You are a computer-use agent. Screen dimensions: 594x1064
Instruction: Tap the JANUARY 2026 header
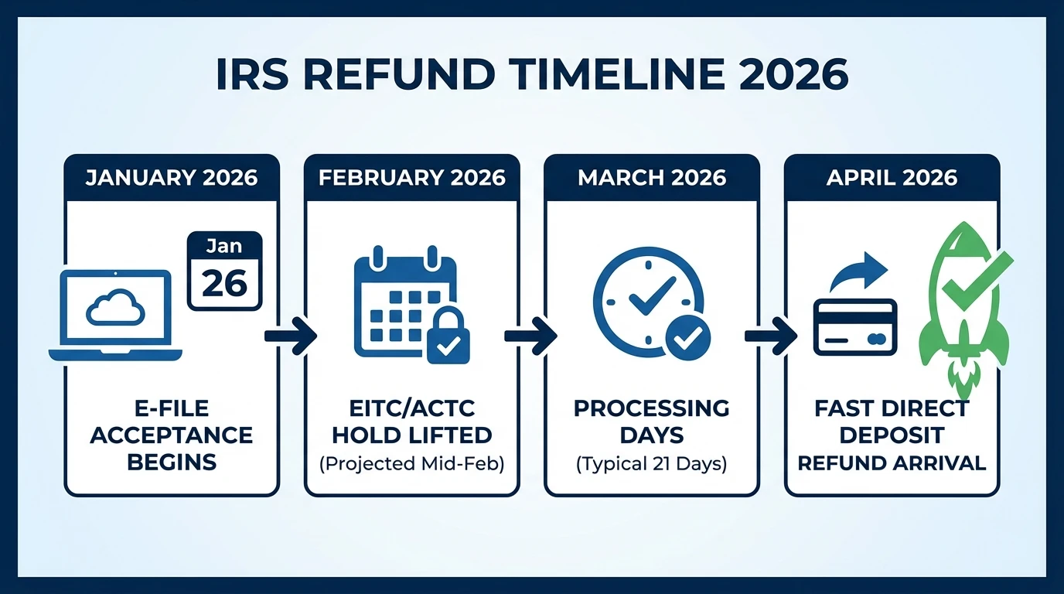172,177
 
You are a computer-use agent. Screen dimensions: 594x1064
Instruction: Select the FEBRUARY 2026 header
412,177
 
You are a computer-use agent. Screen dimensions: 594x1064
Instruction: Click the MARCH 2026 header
652,177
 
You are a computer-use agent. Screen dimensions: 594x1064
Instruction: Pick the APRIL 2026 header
892,177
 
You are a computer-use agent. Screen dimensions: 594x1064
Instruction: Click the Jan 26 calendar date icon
225,271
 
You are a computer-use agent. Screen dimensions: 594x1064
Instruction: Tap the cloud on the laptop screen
115,309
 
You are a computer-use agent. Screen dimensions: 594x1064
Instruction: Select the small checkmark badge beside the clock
688,337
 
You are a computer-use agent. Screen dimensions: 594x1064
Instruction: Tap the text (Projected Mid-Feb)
411,463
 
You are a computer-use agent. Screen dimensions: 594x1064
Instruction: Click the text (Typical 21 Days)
652,463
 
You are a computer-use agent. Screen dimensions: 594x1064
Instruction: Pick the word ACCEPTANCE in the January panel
172,435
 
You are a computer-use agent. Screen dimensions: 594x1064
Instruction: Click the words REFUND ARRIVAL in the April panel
892,463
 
